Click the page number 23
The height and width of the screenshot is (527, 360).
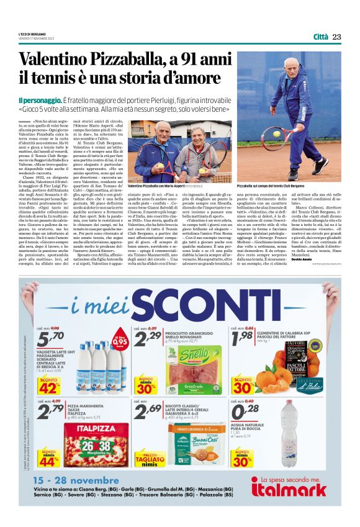click(336, 37)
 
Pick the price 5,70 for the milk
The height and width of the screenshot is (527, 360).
click(51, 339)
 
